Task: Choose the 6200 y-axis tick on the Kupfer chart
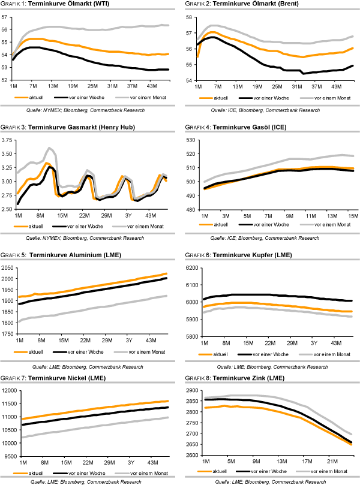(192, 267)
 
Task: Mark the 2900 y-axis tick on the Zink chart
(192, 391)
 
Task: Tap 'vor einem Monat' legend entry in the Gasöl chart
(329, 224)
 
